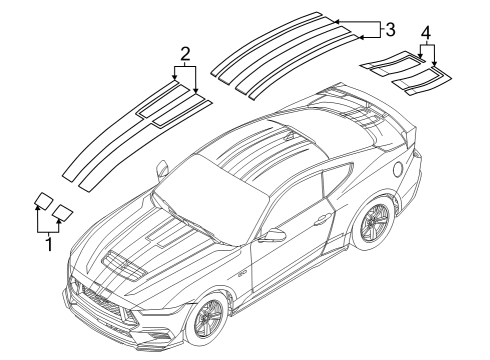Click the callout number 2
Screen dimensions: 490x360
click(185, 53)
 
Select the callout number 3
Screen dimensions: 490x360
click(390, 28)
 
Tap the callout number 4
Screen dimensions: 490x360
click(427, 33)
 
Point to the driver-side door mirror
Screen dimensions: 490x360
click(271, 235)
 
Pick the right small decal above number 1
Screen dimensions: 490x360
click(64, 211)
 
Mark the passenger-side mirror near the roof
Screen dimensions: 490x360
click(160, 172)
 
